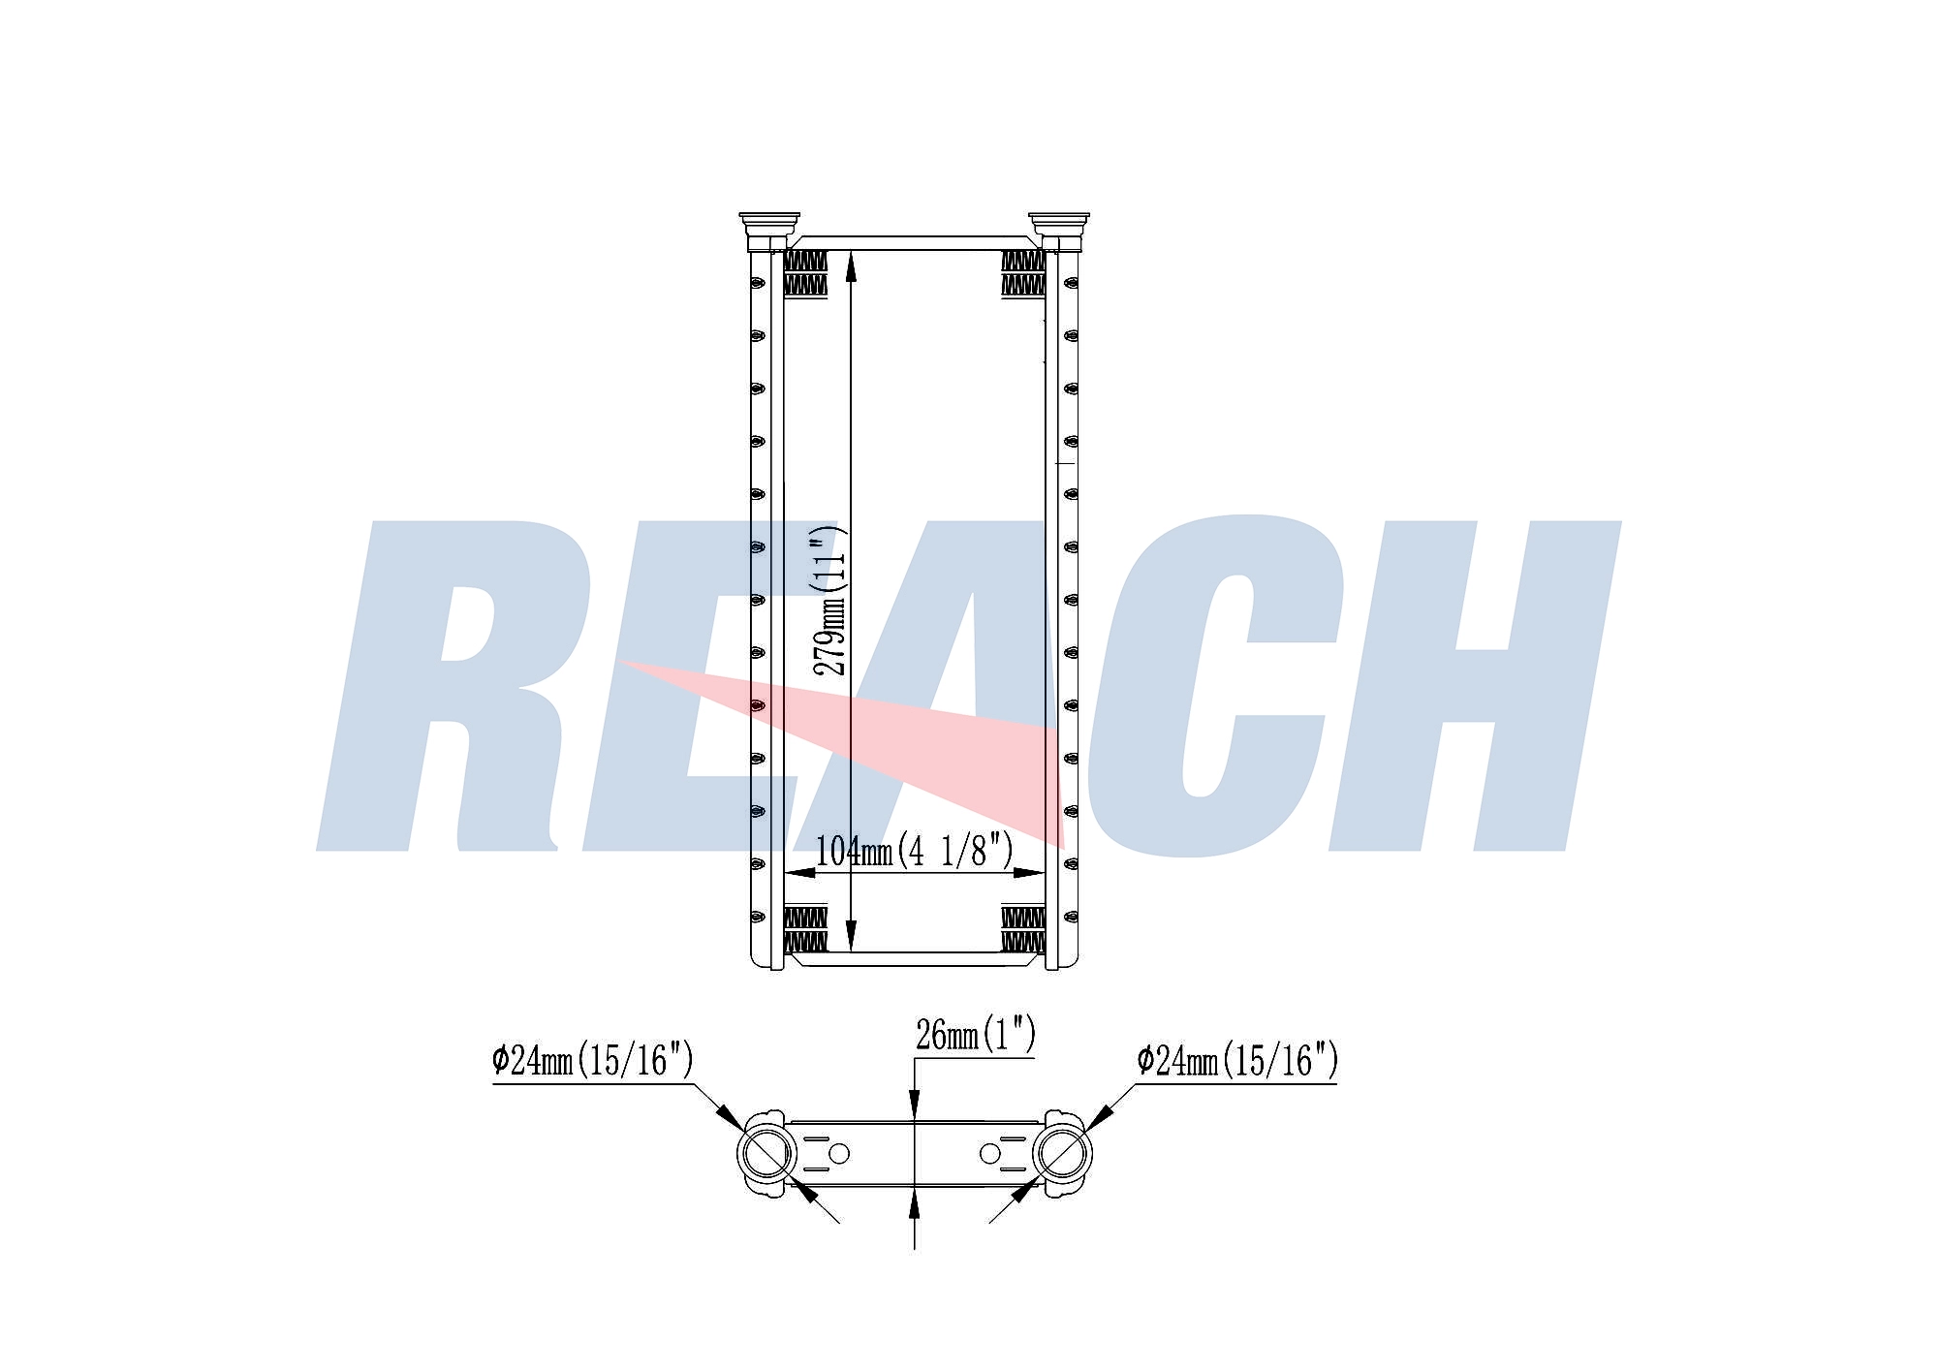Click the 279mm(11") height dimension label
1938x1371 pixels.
coord(830,602)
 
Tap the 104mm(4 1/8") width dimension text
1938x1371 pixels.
coord(915,851)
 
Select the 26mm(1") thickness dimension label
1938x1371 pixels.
coord(976,1035)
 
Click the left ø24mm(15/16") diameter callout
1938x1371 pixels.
coord(593,1060)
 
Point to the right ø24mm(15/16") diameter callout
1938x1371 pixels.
coord(1237,1060)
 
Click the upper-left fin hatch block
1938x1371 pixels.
coord(805,273)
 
